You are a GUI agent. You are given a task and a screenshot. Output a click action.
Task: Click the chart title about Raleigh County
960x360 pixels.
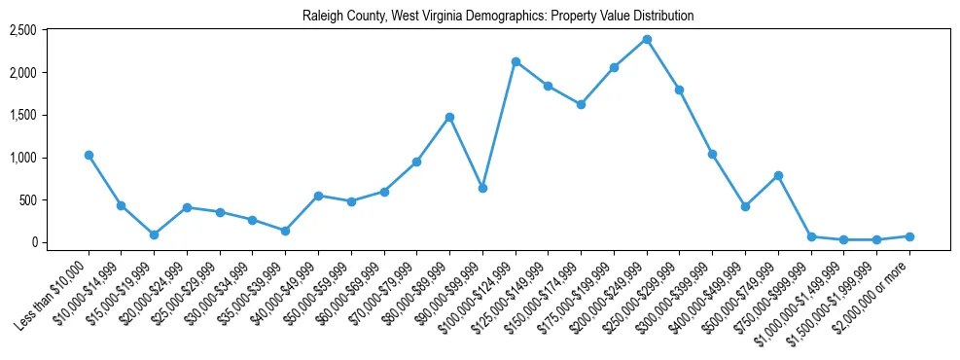(483, 17)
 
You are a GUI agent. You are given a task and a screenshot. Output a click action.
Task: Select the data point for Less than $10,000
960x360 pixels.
(89, 155)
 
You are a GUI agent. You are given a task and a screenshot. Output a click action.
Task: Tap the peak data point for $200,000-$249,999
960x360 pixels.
(647, 39)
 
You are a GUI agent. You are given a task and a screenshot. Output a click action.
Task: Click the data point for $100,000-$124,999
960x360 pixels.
(516, 61)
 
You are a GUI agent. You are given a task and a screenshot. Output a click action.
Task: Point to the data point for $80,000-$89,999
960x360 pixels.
(449, 117)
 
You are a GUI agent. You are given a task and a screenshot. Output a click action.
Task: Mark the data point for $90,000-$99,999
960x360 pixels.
(482, 188)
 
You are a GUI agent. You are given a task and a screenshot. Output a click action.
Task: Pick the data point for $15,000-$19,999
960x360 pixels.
(154, 234)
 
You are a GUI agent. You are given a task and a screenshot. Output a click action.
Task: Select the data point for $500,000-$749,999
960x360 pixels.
(778, 175)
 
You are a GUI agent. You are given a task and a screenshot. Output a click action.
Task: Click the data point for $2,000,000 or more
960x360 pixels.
(909, 236)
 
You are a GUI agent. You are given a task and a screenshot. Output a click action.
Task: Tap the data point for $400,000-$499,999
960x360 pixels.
(745, 206)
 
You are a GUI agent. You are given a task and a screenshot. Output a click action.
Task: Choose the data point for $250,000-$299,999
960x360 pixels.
(679, 90)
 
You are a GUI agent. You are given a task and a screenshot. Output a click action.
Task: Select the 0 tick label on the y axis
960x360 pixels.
(33, 242)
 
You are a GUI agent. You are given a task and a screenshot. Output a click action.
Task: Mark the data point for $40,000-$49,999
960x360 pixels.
(318, 196)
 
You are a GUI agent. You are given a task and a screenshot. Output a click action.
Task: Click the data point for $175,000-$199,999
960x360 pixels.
(614, 67)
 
